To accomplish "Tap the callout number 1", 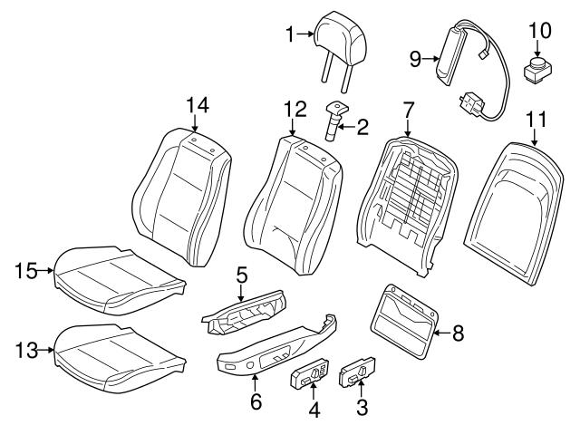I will pos(289,35).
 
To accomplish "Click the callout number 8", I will pos(457,333).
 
